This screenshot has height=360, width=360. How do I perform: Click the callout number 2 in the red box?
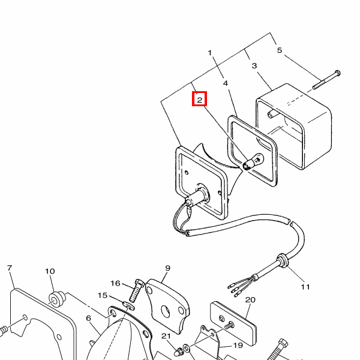pos(199,99)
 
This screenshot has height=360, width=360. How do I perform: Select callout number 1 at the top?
pos(211,53)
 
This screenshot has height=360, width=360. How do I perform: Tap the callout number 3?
pos(254,66)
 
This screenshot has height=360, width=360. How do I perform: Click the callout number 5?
pos(279,50)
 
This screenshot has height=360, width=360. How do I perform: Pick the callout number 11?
pos(305,287)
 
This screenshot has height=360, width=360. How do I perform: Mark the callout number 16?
pos(115,283)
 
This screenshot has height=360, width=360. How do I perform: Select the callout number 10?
pos(50,271)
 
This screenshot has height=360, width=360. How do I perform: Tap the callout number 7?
pos(10,268)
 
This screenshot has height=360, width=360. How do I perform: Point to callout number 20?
pos(250,299)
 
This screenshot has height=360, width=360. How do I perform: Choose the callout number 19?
pos(238,346)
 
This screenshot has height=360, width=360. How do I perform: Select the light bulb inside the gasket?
pos(254,160)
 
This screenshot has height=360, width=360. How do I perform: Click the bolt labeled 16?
pos(134,292)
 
